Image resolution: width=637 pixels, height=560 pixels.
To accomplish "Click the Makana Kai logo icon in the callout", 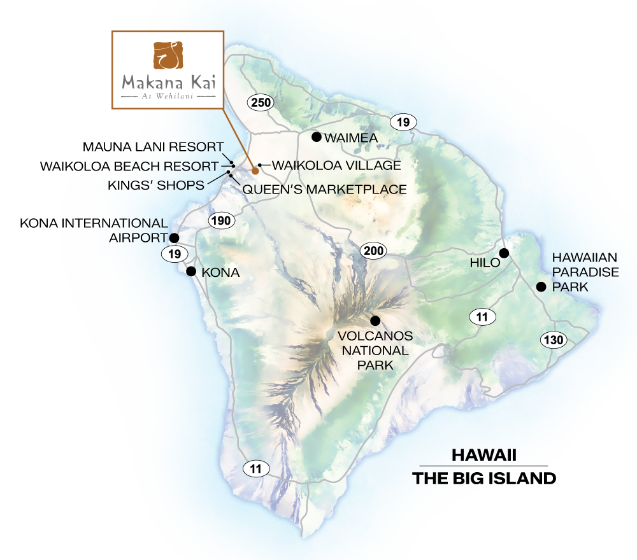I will pos(167,56).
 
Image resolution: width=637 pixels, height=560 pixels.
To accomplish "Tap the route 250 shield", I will pos(261,102).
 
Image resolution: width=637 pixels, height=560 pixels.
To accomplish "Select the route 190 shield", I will pos(222,221).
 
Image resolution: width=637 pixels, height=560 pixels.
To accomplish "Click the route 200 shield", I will pos(374,251).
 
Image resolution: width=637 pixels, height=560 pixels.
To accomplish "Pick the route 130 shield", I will pos(554,340).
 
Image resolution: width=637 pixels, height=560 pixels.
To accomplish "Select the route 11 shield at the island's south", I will pos(256,469).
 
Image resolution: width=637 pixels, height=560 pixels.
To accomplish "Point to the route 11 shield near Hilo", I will pos(482,316).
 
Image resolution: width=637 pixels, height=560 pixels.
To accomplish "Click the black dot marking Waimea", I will pos(316,137).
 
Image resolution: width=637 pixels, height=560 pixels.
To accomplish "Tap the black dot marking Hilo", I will pos(504,253).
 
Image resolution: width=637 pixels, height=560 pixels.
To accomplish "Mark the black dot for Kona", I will pos(190,272).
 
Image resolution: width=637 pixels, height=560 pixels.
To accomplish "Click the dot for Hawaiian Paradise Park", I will pos(541,287).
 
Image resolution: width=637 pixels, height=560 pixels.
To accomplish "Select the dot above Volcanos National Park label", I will pos(375,321).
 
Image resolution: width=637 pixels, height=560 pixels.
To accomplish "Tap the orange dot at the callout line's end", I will pos(255,171).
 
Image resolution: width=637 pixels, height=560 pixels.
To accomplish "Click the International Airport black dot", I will pos(174,237).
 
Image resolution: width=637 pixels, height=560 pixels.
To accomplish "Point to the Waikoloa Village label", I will pos(336,165).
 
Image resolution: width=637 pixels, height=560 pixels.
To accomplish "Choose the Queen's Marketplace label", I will pos(325,189).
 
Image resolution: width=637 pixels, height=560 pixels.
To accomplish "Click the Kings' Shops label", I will pos(155,185).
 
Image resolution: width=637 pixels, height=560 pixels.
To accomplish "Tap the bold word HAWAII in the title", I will pos(483,456).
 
